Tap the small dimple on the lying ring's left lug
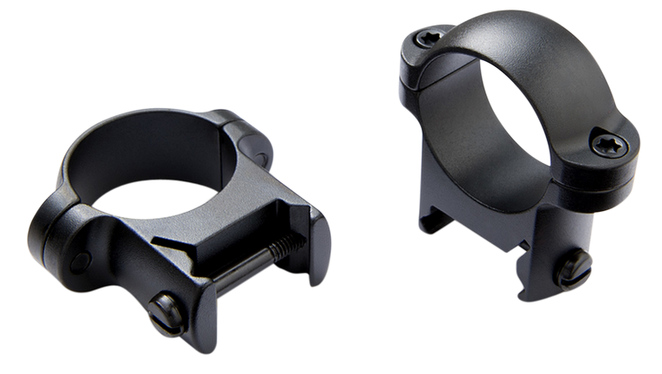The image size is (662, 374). pos(88,256)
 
